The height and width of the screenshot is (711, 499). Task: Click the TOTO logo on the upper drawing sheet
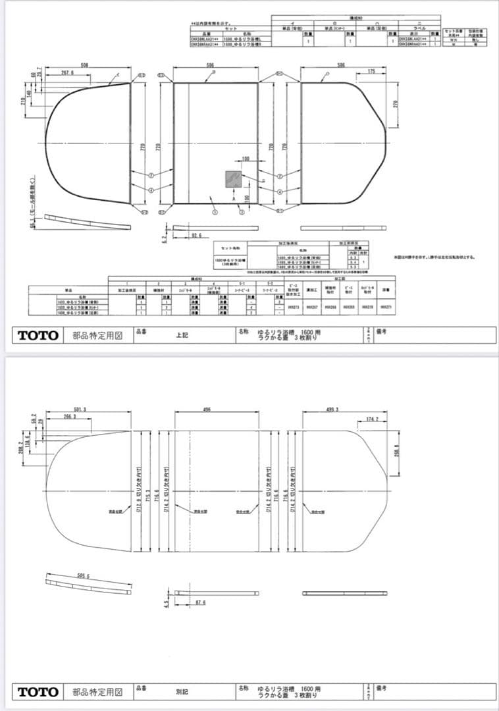click(x=38, y=335)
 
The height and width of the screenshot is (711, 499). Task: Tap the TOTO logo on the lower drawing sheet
click(x=38, y=692)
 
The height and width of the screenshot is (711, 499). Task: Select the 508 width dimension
click(x=85, y=65)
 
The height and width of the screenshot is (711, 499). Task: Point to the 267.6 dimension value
click(x=67, y=72)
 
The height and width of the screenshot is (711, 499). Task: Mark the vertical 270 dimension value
click(x=396, y=104)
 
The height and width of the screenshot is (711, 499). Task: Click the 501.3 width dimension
click(x=80, y=409)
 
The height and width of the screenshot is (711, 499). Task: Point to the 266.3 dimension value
click(x=69, y=417)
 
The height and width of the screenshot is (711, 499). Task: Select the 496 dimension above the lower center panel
click(x=207, y=409)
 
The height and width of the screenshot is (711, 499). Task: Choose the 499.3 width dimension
click(x=332, y=409)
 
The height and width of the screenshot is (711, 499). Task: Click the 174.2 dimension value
click(x=373, y=418)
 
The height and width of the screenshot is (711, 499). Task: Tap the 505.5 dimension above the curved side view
click(x=83, y=575)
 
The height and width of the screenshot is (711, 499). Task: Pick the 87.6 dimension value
click(x=201, y=602)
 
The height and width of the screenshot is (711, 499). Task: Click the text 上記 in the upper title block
click(x=182, y=334)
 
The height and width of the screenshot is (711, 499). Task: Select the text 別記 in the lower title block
click(x=182, y=692)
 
